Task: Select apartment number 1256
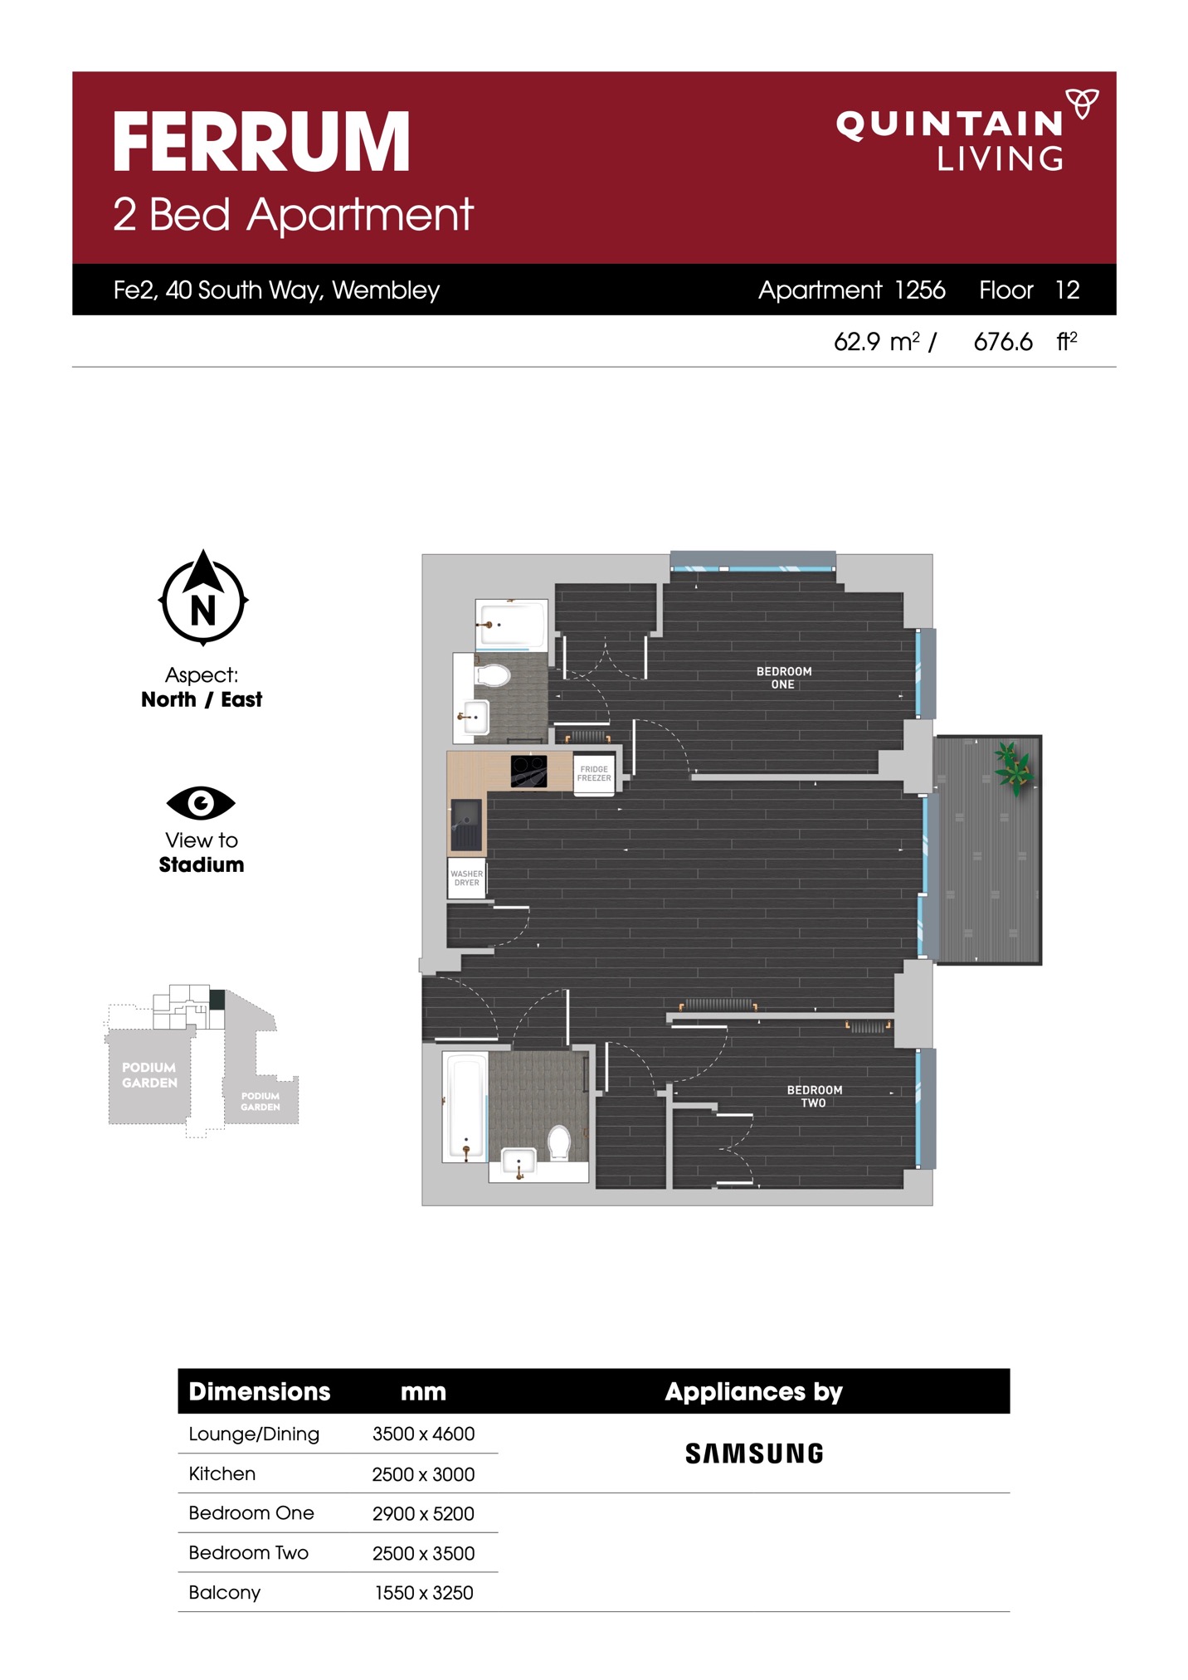tap(920, 290)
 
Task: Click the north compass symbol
tap(203, 597)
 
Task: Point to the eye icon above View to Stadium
tap(201, 802)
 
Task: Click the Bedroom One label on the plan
tap(784, 678)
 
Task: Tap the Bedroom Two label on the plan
tap(815, 1096)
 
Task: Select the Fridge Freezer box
tap(594, 774)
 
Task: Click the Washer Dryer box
tap(466, 878)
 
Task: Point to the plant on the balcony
tap(1014, 767)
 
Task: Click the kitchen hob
tap(528, 771)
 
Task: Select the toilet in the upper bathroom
tap(492, 674)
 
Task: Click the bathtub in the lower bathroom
tap(465, 1107)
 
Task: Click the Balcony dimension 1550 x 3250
tap(424, 1593)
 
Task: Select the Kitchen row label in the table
tap(222, 1473)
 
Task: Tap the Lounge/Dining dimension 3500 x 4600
tap(423, 1434)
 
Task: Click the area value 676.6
tap(1003, 342)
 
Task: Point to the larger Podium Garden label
tap(149, 1075)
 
